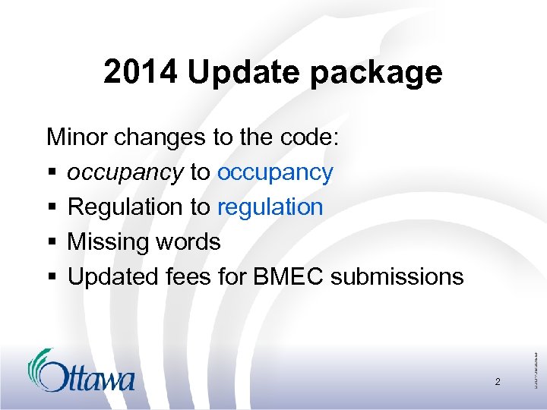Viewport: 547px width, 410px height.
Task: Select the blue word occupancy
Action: [x=275, y=173]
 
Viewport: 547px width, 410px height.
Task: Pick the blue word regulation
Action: [x=270, y=207]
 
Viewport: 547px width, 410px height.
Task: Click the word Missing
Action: [x=109, y=242]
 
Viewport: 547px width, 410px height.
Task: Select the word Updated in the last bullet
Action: [x=112, y=276]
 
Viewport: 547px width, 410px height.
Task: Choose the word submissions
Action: [x=397, y=276]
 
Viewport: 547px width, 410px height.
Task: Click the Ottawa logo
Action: [x=81, y=371]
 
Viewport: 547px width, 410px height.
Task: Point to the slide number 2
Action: [x=498, y=382]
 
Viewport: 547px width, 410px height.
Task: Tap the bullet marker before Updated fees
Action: [x=51, y=277]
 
